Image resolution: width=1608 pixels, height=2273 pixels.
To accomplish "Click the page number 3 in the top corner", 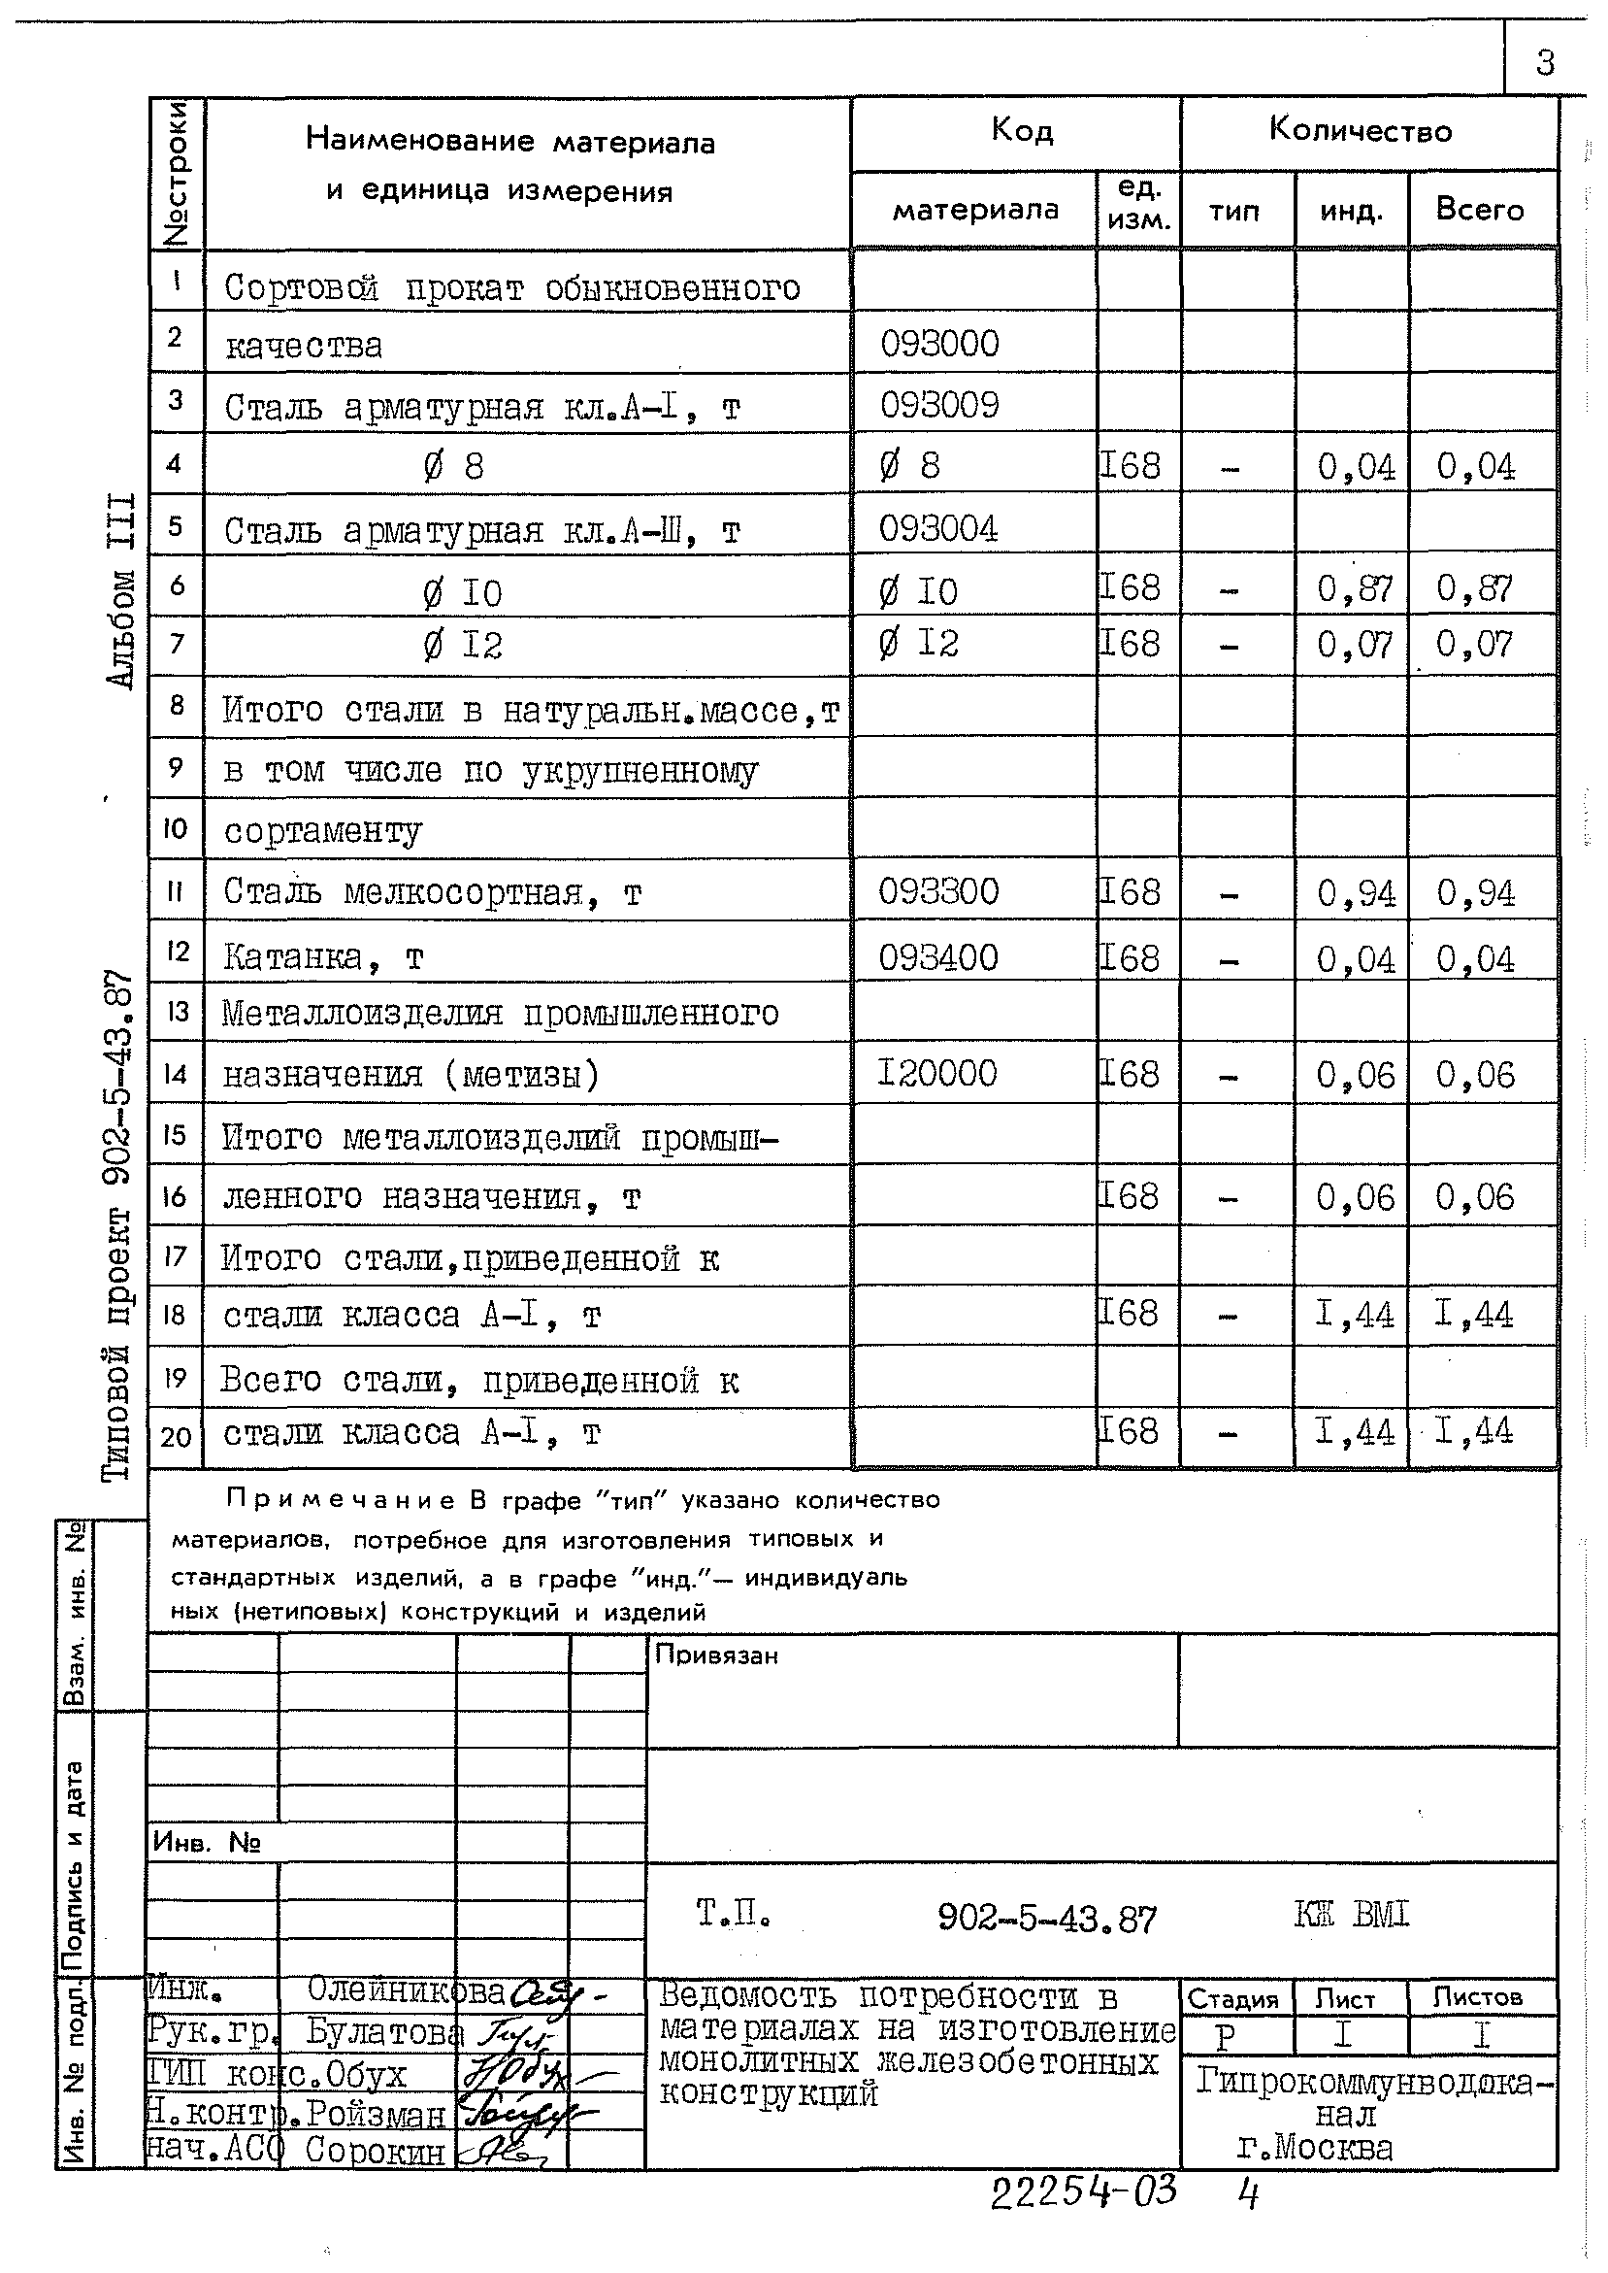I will pos(1545,64).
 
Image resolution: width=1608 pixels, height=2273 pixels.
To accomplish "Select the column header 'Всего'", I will pos(1479,210).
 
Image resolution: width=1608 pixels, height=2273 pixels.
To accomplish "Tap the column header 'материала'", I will pos(975,210).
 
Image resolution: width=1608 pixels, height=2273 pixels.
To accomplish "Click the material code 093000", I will pos(939,345).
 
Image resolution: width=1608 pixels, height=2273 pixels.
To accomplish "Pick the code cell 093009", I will pos(939,405).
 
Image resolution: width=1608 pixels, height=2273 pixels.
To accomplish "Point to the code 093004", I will pos(937,529).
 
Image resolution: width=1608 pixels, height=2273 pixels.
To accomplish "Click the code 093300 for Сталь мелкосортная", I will pos(938,891).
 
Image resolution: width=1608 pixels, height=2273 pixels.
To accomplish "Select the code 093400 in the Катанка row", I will pos(937,957).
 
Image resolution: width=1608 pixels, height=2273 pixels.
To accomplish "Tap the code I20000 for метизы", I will pos(936,1073).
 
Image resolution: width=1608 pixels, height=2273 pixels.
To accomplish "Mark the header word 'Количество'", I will pos(1360,130).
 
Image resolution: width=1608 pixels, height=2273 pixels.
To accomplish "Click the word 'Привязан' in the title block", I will pos(716,1655).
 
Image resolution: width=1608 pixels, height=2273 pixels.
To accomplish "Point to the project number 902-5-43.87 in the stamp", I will pos(1045,1921).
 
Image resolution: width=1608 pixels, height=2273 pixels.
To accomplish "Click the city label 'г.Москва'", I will pos(1315,2148).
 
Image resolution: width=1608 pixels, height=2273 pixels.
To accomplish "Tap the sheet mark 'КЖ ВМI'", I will pos(1351,1916).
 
